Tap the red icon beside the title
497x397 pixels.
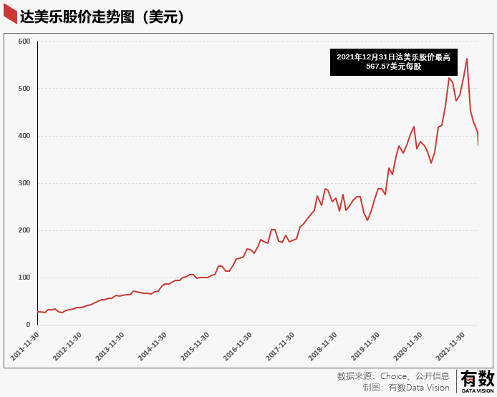coord(10,14)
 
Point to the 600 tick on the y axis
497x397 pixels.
coord(24,41)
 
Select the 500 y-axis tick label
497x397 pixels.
coord(24,89)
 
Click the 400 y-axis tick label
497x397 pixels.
coord(24,136)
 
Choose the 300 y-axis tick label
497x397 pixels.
coord(24,183)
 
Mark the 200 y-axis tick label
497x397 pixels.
coord(24,230)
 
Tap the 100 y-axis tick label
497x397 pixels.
coord(24,278)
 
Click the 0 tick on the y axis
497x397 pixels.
coord(28,325)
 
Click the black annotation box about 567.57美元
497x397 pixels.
coord(393,62)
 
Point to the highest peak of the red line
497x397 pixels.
coord(467,59)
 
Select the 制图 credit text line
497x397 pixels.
coord(406,388)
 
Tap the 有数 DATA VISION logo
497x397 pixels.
coord(477,381)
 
